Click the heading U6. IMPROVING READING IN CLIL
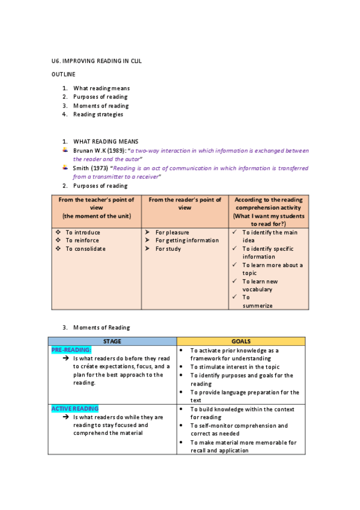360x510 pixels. pyautogui.click(x=96, y=61)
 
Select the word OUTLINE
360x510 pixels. pyautogui.click(x=63, y=74)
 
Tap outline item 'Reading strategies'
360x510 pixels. pyautogui.click(x=98, y=114)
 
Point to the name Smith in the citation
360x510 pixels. pyautogui.click(x=81, y=168)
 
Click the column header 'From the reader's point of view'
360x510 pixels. pyautogui.click(x=185, y=203)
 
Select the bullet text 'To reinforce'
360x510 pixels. pyautogui.click(x=83, y=241)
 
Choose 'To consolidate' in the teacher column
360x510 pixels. pyautogui.click(x=85, y=249)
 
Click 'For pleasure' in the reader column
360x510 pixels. pyautogui.click(x=172, y=232)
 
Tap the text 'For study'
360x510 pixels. pyautogui.click(x=168, y=249)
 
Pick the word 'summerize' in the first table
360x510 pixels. pyautogui.click(x=257, y=306)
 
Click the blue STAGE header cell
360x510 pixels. pyautogui.click(x=112, y=341)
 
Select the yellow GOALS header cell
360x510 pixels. pyautogui.click(x=240, y=341)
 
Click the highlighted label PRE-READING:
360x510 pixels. pyautogui.click(x=72, y=349)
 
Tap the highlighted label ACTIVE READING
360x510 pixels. pyautogui.click(x=75, y=408)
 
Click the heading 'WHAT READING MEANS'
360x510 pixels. pyautogui.click(x=106, y=141)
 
